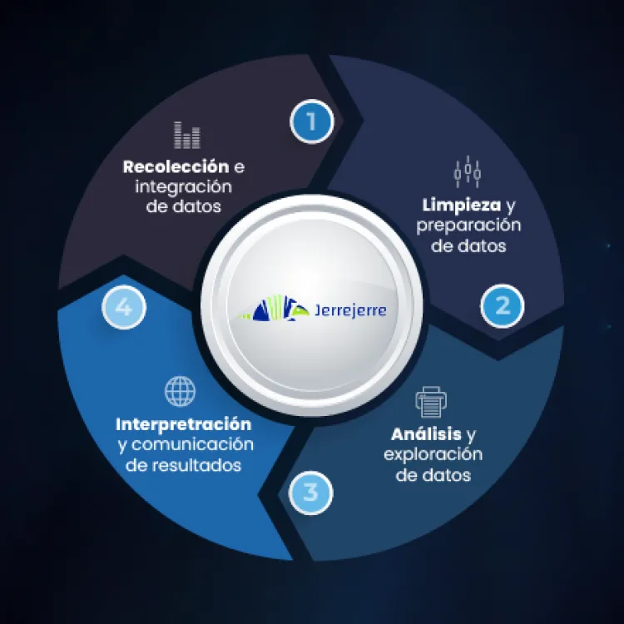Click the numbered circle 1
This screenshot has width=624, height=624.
pos(311,122)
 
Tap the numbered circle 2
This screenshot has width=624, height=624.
pos(503,305)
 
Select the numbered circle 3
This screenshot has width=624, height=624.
pos(310,492)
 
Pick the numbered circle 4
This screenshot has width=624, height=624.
pos(124,308)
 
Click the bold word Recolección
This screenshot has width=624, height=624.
pos(176,166)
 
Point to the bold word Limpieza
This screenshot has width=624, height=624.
pos(460,205)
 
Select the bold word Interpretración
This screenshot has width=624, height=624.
pos(183,423)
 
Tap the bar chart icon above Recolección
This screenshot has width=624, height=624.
pos(187,135)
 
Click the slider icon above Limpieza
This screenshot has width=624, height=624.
pos(468,171)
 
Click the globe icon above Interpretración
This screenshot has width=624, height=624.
pos(180,391)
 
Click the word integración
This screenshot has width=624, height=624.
pos(183,186)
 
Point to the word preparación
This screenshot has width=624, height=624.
pos(468,225)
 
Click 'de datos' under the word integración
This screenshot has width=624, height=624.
pos(183,207)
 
